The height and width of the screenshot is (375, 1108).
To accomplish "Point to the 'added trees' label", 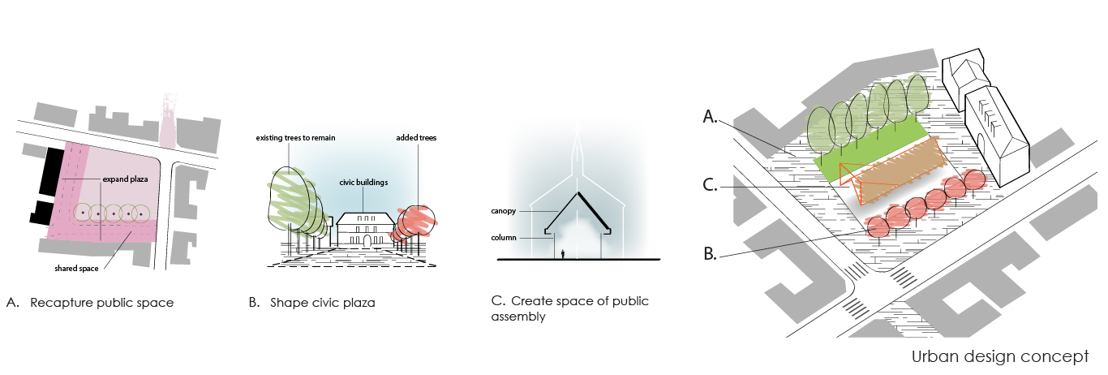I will point(415,138).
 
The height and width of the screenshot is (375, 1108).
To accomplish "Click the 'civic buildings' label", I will point(364,183).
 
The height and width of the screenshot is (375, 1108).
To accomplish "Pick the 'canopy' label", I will point(504,210).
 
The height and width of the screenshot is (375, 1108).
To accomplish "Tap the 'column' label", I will point(504,237).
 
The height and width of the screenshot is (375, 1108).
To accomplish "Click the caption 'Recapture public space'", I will point(101,303).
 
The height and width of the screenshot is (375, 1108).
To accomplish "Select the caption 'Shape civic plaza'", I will point(322,303).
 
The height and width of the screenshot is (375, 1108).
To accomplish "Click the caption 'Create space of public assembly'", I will point(569,308).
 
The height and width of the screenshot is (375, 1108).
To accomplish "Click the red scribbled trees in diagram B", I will point(414,221).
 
